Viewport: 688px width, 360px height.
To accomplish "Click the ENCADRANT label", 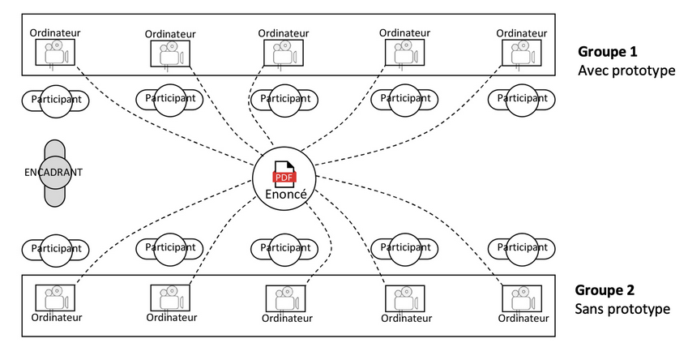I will click(x=53, y=173).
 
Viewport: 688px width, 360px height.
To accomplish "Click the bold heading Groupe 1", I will click(x=607, y=51).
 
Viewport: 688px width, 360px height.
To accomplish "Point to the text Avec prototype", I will click(x=626, y=71).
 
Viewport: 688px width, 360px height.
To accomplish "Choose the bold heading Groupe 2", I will click(x=605, y=289).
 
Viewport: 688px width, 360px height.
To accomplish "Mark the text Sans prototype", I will click(x=622, y=309).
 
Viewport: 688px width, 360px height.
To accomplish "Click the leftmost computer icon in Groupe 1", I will click(x=55, y=54).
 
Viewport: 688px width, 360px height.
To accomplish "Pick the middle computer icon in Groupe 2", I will click(x=285, y=299).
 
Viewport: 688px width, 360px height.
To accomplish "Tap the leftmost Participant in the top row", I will click(x=55, y=99).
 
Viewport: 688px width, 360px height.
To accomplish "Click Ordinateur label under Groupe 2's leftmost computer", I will click(x=55, y=318).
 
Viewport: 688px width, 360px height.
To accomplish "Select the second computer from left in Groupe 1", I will click(x=169, y=54).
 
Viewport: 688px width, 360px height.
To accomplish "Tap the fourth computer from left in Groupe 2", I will click(x=400, y=299).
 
